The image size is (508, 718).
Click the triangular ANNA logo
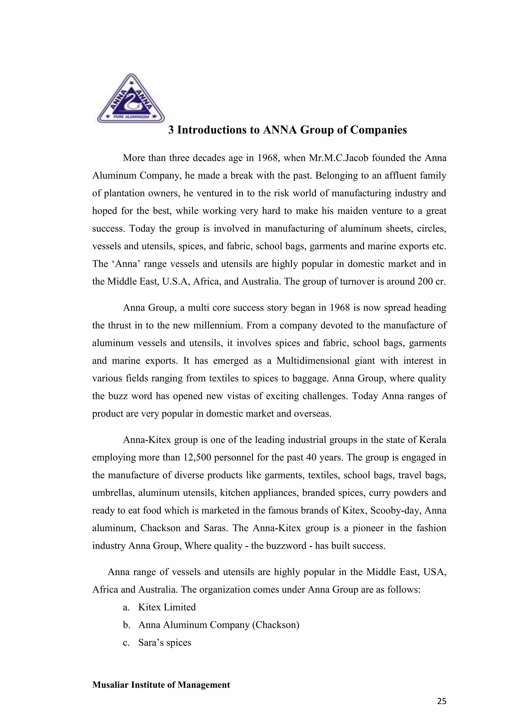pos(131,99)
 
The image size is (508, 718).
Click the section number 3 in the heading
pos(171,130)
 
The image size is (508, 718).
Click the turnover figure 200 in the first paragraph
pos(427,281)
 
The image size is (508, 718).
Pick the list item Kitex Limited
pos(167,607)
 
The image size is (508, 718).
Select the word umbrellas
pos(114,493)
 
